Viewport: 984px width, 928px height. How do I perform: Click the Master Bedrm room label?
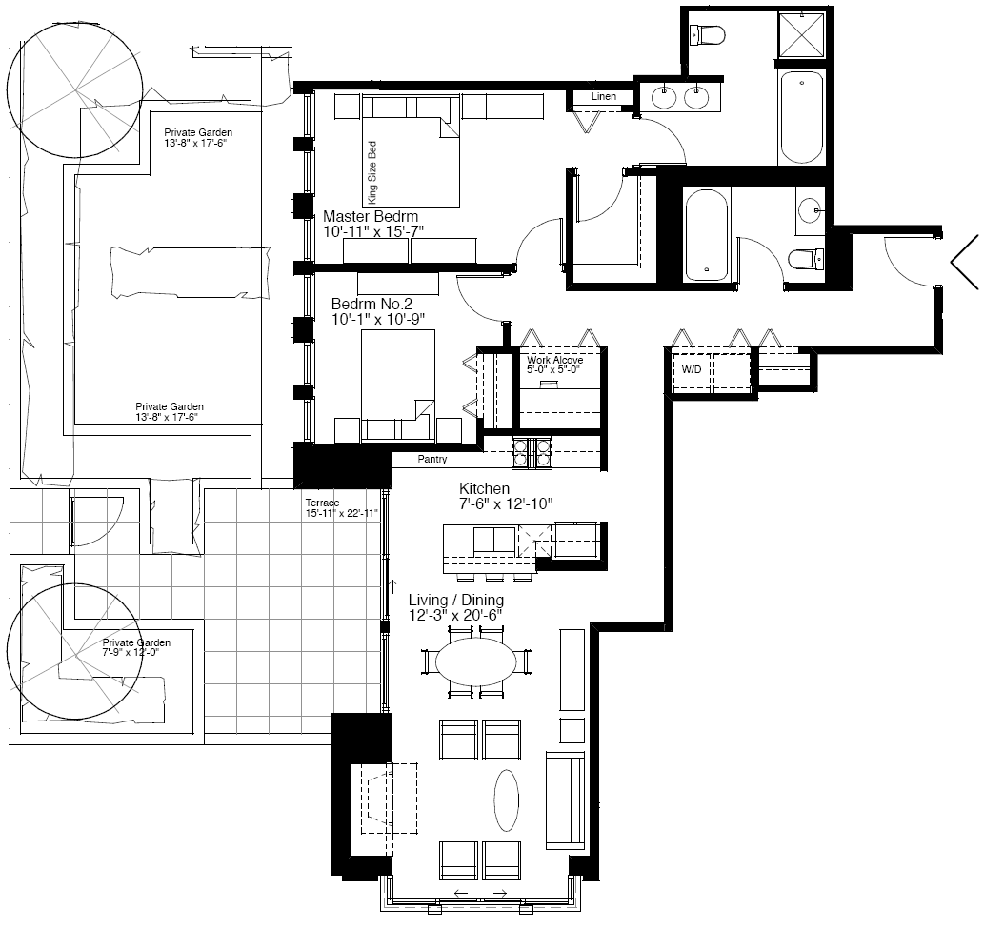(x=371, y=216)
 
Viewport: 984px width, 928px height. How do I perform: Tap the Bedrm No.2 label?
(x=372, y=305)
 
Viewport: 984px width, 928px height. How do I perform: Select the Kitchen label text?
(x=485, y=488)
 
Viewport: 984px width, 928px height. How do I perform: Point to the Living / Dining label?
(x=456, y=600)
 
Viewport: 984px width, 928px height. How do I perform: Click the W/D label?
(x=692, y=369)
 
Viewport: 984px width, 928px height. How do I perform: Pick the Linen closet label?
(x=604, y=96)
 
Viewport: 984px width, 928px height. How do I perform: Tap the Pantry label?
(x=432, y=459)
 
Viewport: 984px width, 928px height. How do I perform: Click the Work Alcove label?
(x=554, y=360)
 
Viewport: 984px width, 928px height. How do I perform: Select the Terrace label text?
(x=322, y=503)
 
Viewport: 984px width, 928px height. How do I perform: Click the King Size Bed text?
(x=372, y=172)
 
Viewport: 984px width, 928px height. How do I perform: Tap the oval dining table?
(x=477, y=661)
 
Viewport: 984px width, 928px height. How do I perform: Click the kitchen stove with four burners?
(x=532, y=453)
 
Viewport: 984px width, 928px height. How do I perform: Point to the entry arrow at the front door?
(x=965, y=262)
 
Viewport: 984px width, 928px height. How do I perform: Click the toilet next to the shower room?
(x=707, y=34)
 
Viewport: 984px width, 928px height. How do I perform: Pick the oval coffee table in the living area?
(x=507, y=800)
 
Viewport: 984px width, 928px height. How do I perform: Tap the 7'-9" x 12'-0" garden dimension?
(x=131, y=652)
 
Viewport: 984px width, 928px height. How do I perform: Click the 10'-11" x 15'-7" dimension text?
(x=373, y=231)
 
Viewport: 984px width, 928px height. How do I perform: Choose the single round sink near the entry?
(x=810, y=209)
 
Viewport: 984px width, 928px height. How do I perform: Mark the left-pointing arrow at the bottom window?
(x=460, y=893)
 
